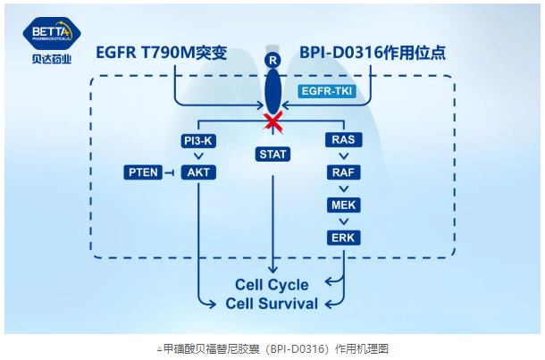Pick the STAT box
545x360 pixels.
[272, 154]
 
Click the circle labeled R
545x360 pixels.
[272, 60]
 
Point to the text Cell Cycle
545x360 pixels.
[272, 285]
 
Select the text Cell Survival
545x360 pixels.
[272, 304]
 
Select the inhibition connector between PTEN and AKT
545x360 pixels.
[169, 172]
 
